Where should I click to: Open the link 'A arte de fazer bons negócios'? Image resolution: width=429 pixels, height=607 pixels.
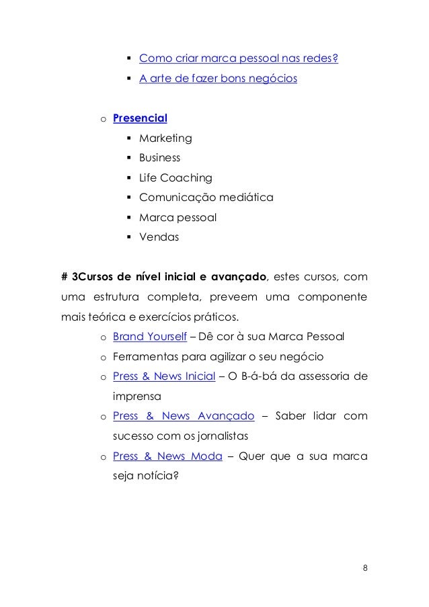click(217, 79)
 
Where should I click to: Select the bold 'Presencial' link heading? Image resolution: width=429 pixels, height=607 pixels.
click(140, 119)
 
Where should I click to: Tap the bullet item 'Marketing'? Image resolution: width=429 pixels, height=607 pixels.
click(165, 138)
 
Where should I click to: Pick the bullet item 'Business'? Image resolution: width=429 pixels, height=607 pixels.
click(159, 158)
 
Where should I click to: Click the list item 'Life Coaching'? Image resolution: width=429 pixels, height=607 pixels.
click(175, 178)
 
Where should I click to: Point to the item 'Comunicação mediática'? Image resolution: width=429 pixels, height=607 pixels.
click(206, 198)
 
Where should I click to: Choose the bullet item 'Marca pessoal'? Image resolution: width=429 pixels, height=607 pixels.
click(178, 217)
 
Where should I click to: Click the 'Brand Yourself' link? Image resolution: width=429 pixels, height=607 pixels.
click(150, 336)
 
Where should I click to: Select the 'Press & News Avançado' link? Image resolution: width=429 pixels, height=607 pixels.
click(184, 416)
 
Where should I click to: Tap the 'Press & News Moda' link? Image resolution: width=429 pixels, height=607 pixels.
click(167, 456)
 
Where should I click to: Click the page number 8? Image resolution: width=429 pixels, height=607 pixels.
click(364, 567)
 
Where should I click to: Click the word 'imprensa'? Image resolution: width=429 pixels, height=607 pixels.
click(138, 396)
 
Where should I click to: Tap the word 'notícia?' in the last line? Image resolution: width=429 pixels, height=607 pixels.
click(158, 475)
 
